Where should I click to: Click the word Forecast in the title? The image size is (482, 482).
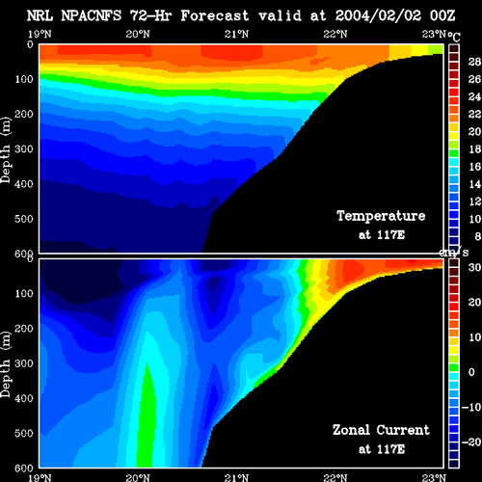[x=215, y=15]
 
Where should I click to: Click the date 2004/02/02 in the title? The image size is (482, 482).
[x=378, y=15]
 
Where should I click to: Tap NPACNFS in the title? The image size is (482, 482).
[x=92, y=15]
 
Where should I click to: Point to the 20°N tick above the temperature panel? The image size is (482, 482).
[x=138, y=34]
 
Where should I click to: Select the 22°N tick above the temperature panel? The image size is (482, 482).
[x=335, y=34]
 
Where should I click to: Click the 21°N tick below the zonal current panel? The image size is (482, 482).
[x=236, y=477]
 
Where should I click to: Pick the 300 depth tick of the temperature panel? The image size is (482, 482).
[x=24, y=148]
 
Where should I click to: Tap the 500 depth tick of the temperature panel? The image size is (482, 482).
[x=24, y=219]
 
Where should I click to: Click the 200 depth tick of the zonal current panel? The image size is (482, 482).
[x=24, y=329]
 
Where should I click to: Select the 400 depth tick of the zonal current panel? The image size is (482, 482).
[x=24, y=398]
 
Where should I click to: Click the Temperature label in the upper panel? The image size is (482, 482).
[x=381, y=216]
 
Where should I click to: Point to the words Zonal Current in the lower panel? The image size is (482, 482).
[x=381, y=430]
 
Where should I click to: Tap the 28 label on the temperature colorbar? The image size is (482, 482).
[x=474, y=62]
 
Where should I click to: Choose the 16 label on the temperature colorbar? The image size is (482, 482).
[x=474, y=167]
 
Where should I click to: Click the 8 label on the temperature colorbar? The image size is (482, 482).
[x=477, y=236]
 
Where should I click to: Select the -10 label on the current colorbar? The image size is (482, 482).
[x=471, y=407]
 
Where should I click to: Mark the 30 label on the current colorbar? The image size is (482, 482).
[x=474, y=267]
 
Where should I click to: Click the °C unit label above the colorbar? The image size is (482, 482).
[x=454, y=37]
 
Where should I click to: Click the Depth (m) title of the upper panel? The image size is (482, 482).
[x=6, y=149]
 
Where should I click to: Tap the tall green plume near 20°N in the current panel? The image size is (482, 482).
[x=147, y=417]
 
